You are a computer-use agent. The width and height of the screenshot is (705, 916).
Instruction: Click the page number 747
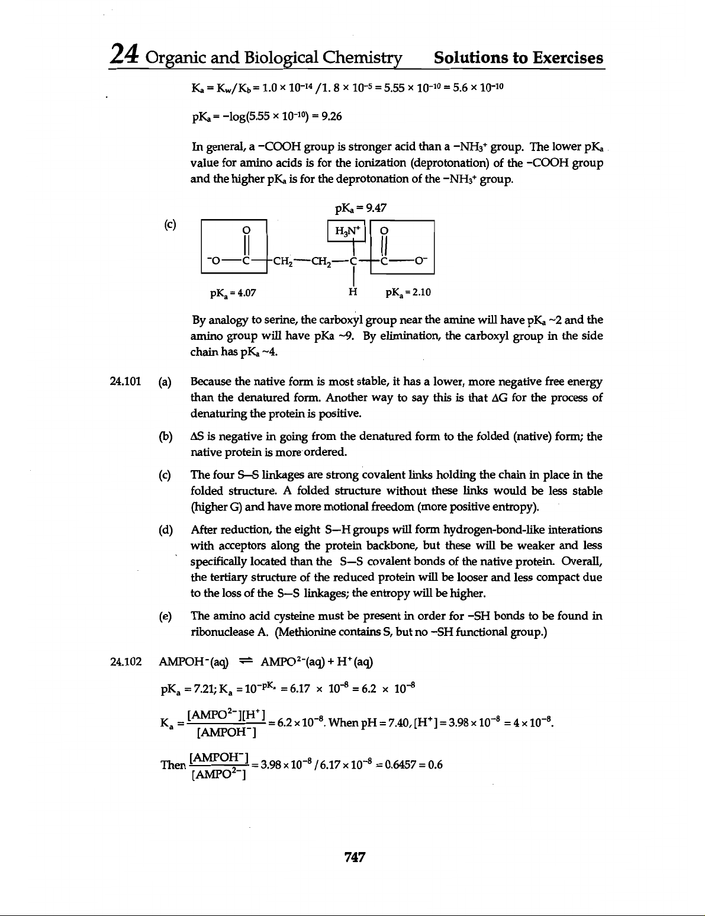pyautogui.click(x=353, y=856)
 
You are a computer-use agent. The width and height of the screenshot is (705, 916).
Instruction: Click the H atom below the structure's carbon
pyautogui.click(x=353, y=291)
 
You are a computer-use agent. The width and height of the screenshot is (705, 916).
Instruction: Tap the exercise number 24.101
pyautogui.click(x=125, y=381)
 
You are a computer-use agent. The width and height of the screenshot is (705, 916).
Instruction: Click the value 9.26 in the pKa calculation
pyautogui.click(x=330, y=116)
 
